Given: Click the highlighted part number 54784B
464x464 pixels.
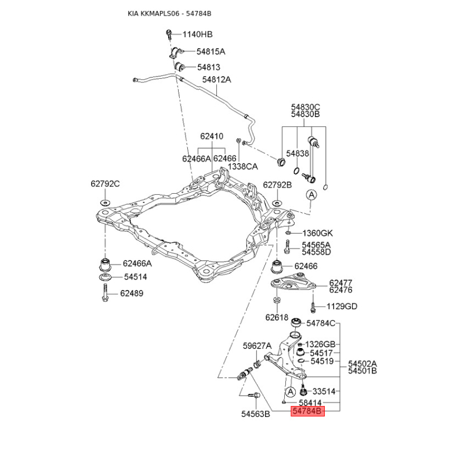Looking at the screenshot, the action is coord(307,411).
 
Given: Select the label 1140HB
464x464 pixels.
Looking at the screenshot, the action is coord(197,34).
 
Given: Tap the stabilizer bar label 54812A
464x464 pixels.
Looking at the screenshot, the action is coord(216,79).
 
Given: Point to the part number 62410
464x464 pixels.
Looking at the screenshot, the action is coord(212,136).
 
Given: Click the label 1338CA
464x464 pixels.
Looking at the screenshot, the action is coord(242,166).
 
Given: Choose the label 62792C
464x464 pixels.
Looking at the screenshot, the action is coord(105,184).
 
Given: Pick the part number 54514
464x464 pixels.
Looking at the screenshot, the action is coord(136,277).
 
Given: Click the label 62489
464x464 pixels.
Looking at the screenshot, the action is coord(132,293).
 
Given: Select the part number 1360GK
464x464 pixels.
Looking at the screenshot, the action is coord(317,234).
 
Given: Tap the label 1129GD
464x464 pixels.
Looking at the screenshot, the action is coord(342,306).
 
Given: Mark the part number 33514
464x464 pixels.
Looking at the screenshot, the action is coord(324,391).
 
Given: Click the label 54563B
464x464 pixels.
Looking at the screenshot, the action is coord(256,414).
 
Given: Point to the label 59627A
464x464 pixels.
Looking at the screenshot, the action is coord(257,346).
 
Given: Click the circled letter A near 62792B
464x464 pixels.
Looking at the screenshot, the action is coord(311,195).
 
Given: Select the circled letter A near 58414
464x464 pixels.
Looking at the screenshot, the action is coord(291,392).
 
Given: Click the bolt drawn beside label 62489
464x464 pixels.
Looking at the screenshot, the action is coord(105,293).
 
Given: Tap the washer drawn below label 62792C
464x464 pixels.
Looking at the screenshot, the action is coord(105,202).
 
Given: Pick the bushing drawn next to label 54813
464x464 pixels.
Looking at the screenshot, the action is coord(179,67).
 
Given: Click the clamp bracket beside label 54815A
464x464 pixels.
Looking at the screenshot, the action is coord(176,52).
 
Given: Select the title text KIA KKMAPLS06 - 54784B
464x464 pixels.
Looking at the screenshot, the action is coord(169,13).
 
